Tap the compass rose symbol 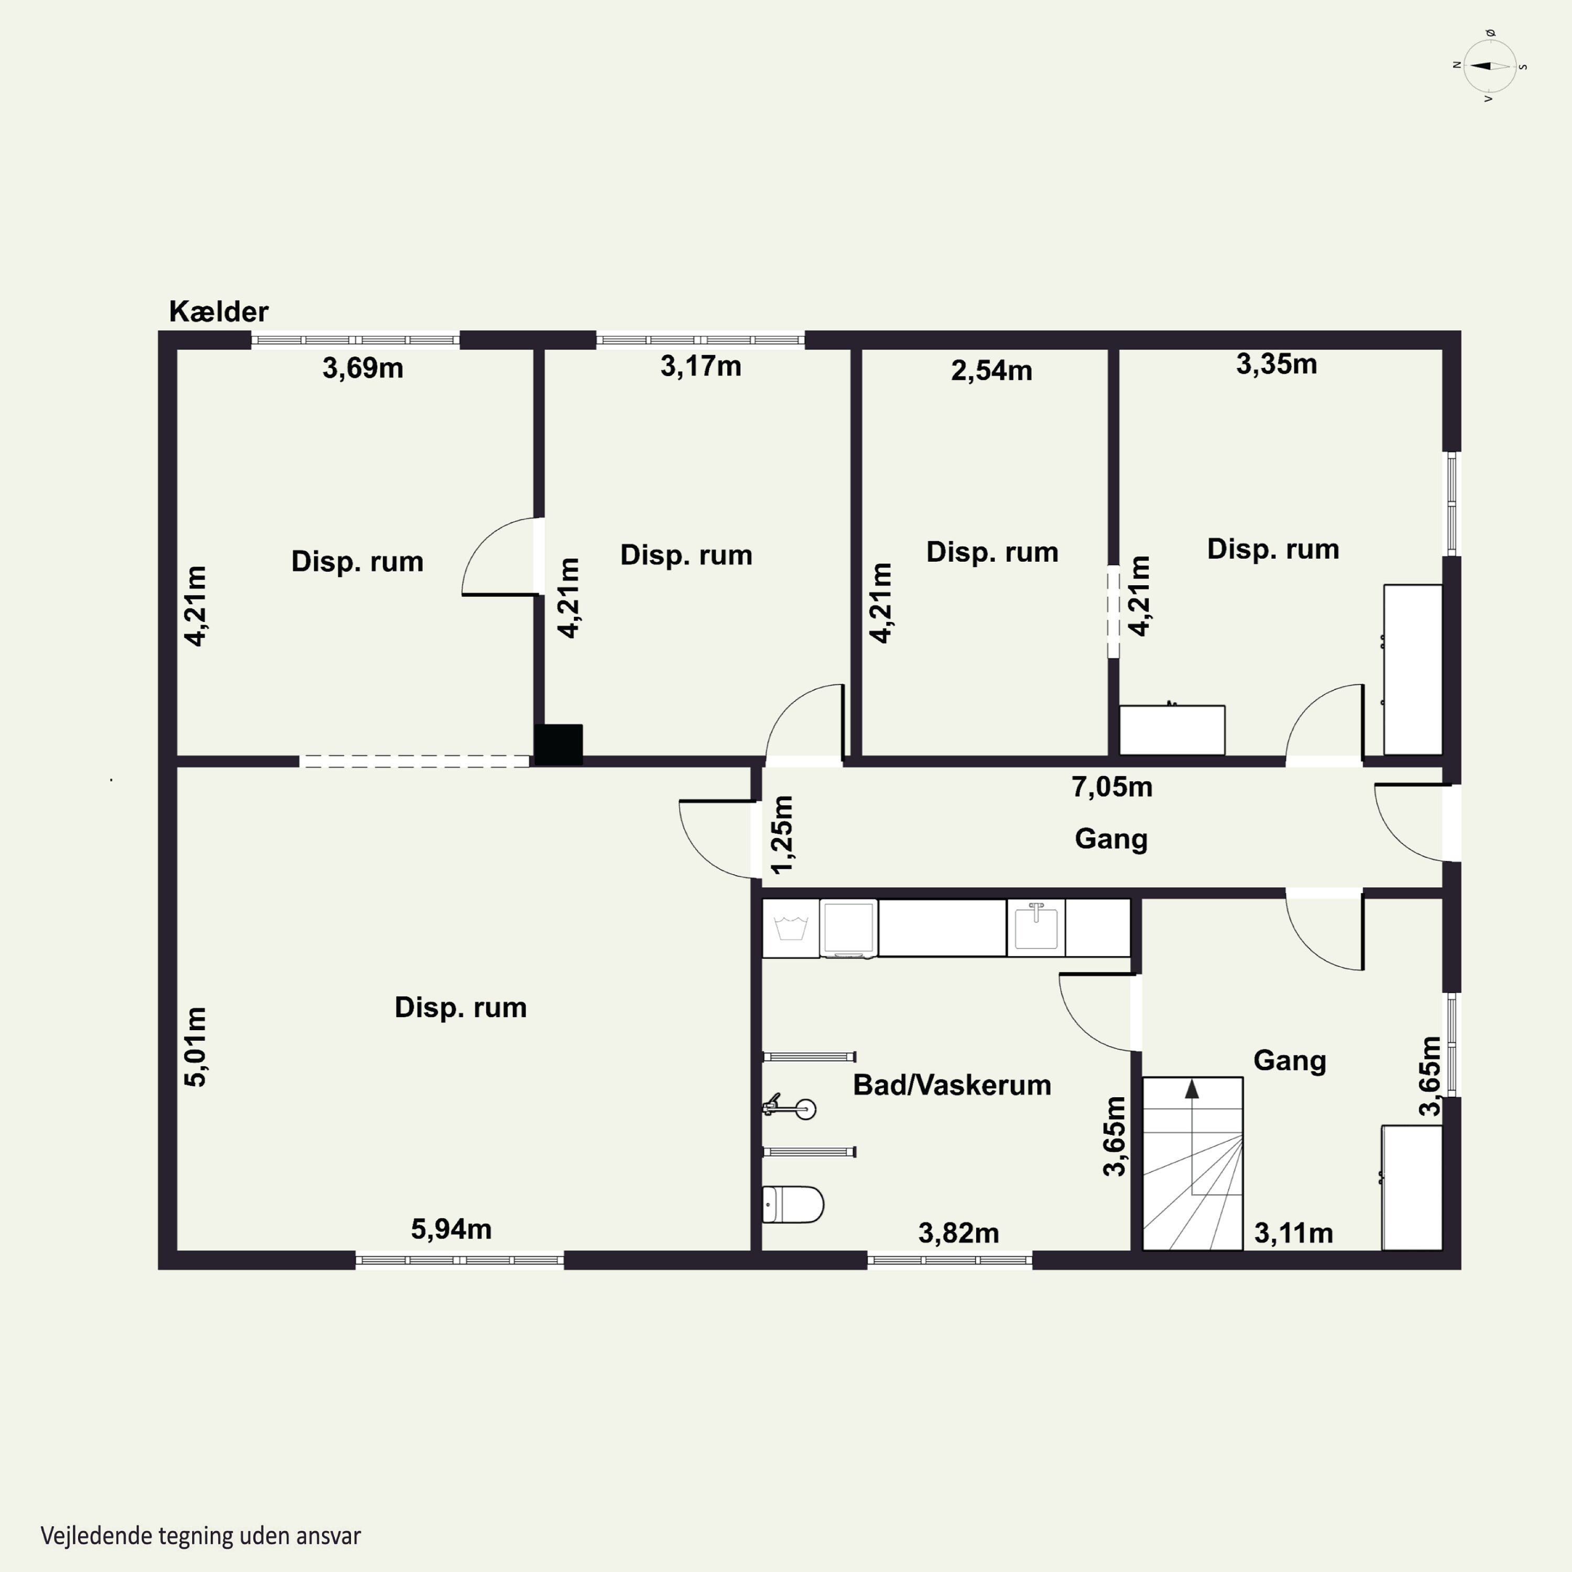click(x=1490, y=67)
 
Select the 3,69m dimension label click(x=363, y=368)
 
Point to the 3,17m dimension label click(x=701, y=367)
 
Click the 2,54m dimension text click(x=991, y=371)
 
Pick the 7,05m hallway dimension click(x=1111, y=787)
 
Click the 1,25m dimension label click(x=782, y=835)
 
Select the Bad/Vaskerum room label click(x=952, y=1085)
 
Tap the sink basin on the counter click(x=1036, y=927)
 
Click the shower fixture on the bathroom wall click(x=789, y=1107)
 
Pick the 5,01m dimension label click(x=196, y=1047)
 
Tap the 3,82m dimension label click(x=958, y=1233)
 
